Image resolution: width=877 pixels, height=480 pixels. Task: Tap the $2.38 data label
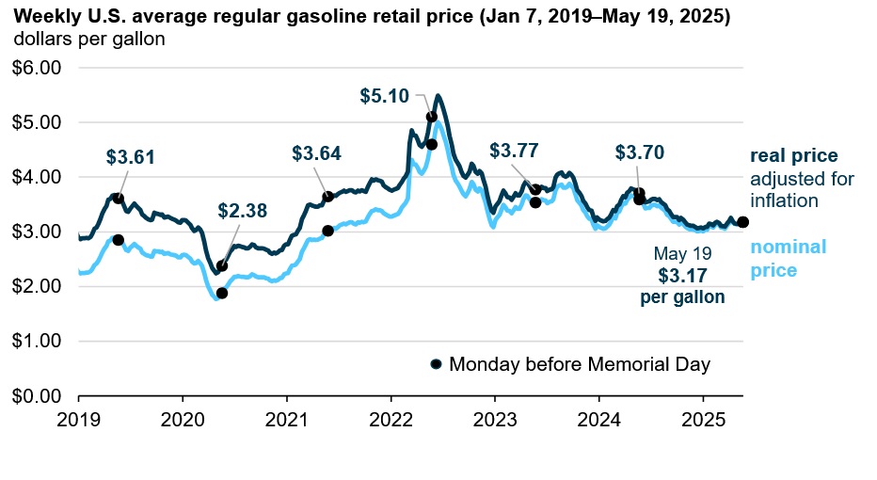click(243, 211)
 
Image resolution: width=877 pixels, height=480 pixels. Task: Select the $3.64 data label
click(316, 152)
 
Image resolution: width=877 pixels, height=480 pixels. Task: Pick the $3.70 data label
click(640, 152)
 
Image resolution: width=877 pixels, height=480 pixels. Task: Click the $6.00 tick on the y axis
click(35, 68)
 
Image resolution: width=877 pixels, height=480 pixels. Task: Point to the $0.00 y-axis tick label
click(35, 395)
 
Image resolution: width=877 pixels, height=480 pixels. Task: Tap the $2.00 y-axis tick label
click(35, 286)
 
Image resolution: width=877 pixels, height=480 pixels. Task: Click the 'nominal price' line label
click(788, 259)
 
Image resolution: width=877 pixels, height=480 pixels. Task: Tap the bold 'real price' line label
click(793, 156)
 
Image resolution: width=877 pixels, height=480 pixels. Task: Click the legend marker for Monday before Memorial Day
click(436, 364)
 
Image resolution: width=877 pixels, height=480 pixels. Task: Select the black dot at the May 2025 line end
click(742, 222)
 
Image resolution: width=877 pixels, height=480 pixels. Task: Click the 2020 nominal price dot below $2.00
click(222, 293)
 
